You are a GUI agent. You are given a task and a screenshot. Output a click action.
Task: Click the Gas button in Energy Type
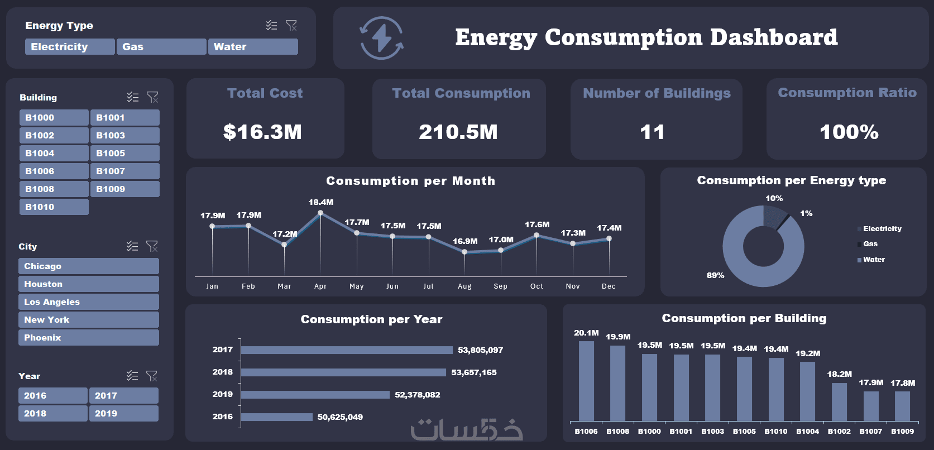[x=161, y=47]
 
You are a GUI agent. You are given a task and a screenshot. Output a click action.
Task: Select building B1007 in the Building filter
[x=124, y=171]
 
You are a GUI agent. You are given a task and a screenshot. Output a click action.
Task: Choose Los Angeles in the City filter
[x=88, y=302]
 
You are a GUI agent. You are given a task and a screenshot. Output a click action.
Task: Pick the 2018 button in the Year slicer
[x=52, y=414]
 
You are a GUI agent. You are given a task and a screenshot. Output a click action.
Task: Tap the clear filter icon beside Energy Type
[x=291, y=25]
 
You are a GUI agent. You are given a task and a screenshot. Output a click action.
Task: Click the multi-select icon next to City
[x=132, y=246]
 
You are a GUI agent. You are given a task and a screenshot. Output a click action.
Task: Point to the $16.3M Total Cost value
[x=262, y=132]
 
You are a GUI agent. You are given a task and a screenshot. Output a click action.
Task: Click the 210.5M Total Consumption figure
[x=458, y=132]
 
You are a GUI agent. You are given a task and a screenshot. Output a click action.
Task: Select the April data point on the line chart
[x=320, y=213]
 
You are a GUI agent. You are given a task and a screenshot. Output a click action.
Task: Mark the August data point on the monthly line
[x=464, y=252]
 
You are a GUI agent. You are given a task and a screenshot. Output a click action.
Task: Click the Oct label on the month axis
[x=537, y=286]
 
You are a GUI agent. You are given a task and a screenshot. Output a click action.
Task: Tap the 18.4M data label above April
[x=321, y=202]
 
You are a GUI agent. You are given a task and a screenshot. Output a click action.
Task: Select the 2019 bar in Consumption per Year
[x=315, y=395]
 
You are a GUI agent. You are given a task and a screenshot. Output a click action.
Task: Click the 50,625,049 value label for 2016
[x=340, y=417]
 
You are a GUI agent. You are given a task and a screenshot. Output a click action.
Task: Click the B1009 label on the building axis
[x=902, y=432]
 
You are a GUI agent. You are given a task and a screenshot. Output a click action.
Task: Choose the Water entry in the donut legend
[x=874, y=260]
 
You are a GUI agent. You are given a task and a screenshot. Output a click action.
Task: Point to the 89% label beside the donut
[x=715, y=275]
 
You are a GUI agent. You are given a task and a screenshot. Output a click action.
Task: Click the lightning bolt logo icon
[x=382, y=38]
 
